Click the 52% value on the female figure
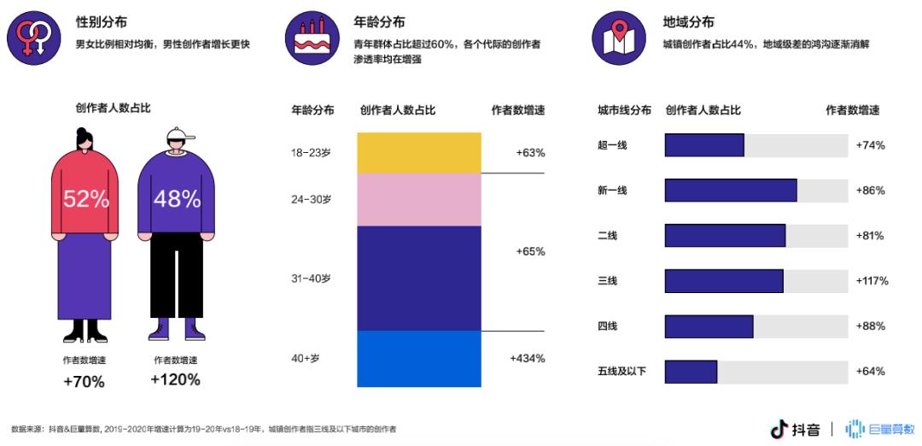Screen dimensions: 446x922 [85, 199]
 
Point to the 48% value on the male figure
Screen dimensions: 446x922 [176, 199]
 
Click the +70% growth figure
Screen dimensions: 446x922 [84, 382]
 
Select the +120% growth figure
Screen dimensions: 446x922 [175, 379]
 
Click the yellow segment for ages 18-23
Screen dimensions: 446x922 [418, 153]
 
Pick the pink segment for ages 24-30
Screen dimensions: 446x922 [418, 200]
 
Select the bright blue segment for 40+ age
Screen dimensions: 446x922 [418, 359]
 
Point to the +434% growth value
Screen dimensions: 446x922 [527, 358]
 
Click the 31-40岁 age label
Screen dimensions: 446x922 [311, 278]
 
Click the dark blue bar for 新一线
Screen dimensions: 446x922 [730, 191]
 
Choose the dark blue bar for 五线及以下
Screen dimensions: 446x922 [690, 372]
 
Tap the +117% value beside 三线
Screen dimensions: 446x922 [872, 280]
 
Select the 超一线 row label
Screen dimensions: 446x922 [612, 145]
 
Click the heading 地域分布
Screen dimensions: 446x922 [688, 22]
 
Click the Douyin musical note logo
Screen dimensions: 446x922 [778, 429]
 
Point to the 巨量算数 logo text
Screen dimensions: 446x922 [890, 429]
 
